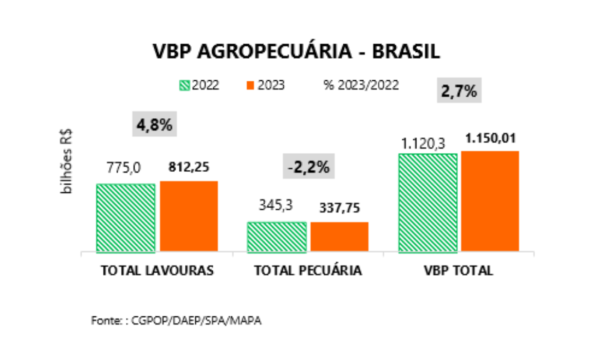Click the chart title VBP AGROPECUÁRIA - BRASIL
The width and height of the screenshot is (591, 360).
click(x=297, y=52)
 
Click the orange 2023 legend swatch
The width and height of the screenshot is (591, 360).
click(x=251, y=85)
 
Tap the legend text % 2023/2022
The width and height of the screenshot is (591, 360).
click(x=361, y=85)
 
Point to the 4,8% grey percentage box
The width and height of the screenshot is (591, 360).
click(x=154, y=124)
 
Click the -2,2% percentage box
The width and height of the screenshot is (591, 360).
click(x=308, y=167)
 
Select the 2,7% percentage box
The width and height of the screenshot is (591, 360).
click(x=459, y=92)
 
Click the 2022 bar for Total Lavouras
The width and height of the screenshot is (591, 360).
click(x=125, y=218)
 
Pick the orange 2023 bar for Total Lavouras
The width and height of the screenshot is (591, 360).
click(x=189, y=217)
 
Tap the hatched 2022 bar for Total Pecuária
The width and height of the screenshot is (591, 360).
click(x=276, y=237)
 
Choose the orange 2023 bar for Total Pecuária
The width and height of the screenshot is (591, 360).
click(x=340, y=237)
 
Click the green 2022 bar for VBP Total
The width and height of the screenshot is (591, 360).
click(x=428, y=203)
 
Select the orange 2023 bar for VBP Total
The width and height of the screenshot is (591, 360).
click(x=490, y=201)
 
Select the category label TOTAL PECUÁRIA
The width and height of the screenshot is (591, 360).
click(x=308, y=271)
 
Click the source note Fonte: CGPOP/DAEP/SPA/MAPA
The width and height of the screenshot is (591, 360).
click(x=176, y=320)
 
